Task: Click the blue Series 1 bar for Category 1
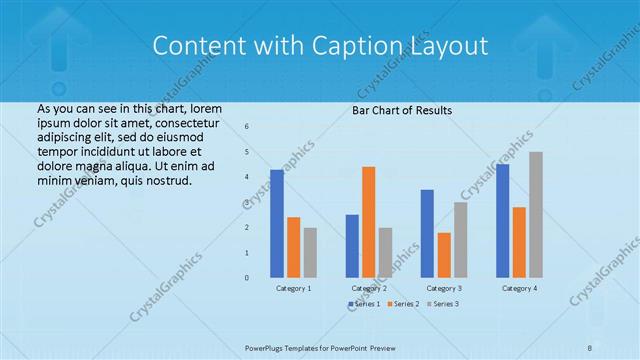click(277, 223)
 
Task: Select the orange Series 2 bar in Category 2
click(368, 222)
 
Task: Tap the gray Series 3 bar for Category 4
click(536, 214)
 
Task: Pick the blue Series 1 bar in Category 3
click(427, 233)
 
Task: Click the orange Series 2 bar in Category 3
click(443, 255)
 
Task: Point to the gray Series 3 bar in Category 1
click(310, 252)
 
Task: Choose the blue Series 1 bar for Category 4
click(502, 220)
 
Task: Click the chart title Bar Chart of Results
click(402, 110)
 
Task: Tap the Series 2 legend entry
click(402, 303)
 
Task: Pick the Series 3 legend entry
click(443, 303)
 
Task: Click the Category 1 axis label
click(293, 288)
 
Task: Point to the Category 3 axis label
click(443, 288)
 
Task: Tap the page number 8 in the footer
click(589, 345)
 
